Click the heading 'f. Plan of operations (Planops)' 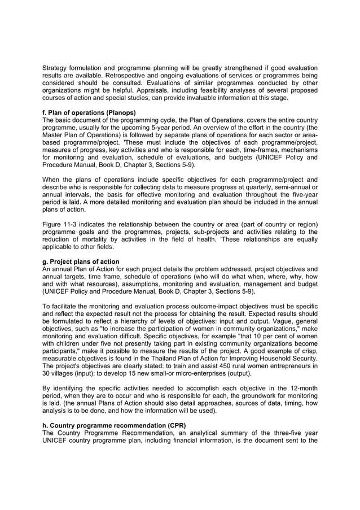[89, 112]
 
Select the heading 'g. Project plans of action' [81, 261]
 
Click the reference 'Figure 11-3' [62, 224]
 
